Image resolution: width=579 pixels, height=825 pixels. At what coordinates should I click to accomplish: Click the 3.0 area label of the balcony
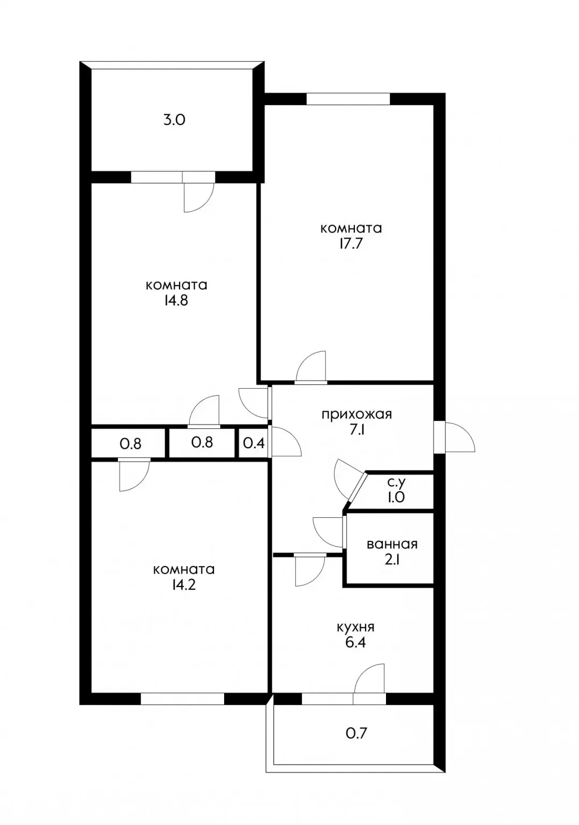click(174, 121)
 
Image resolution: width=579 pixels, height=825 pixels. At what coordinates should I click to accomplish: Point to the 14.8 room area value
click(176, 301)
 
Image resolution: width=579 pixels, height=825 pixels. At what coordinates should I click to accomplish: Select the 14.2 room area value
click(183, 585)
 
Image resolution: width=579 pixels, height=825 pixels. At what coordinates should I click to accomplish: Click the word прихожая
click(357, 415)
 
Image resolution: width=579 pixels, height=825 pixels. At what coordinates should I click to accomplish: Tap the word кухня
click(355, 627)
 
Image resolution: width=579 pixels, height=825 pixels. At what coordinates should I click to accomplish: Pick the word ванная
click(392, 544)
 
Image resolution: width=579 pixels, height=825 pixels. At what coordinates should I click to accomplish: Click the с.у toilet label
click(396, 482)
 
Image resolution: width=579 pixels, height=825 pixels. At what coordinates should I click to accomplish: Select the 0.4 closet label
click(254, 443)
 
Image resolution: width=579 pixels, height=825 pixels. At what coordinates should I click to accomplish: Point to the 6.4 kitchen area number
click(356, 643)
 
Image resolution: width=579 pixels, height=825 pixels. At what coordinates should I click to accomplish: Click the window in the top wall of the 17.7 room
click(348, 99)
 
